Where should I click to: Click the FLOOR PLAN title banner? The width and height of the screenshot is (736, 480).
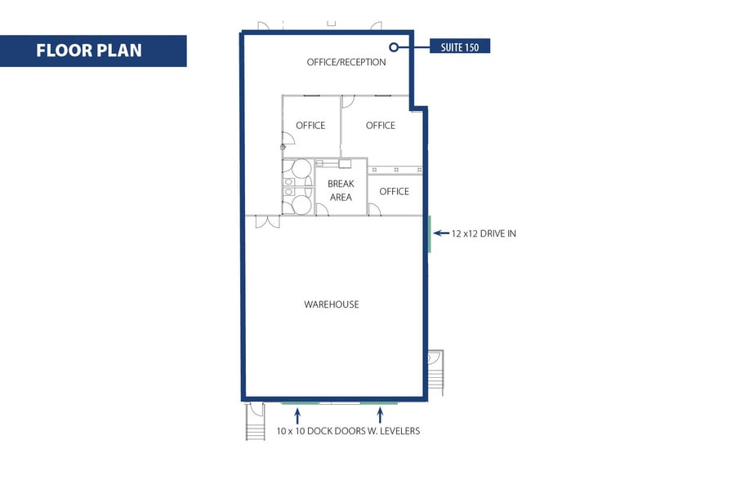coord(93,51)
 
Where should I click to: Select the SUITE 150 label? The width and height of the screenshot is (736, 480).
coord(460,47)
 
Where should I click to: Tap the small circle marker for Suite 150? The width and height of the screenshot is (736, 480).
coord(393,47)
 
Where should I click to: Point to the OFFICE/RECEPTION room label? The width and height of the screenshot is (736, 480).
coord(346,62)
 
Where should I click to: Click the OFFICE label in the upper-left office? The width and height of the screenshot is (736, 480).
coord(310,126)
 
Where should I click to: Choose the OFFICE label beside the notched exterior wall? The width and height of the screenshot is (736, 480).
coord(381,126)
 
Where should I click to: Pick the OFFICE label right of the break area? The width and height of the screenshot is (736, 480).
coord(394,192)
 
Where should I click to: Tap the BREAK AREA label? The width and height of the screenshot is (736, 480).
coord(341,190)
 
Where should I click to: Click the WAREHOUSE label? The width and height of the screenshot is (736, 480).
coord(332,304)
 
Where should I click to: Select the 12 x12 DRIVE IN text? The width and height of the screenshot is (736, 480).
coord(484,233)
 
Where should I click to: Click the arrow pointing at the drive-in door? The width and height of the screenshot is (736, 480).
coord(440,233)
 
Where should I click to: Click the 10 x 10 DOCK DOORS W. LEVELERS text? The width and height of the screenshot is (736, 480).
coord(348,431)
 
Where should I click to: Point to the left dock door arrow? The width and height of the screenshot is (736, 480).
coord(297,415)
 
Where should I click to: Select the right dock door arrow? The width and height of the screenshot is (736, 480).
coord(380,415)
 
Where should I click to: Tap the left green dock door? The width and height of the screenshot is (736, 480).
coord(300,402)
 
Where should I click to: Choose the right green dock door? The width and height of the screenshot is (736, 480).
coord(379,402)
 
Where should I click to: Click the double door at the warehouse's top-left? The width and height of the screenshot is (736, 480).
coord(267,221)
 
